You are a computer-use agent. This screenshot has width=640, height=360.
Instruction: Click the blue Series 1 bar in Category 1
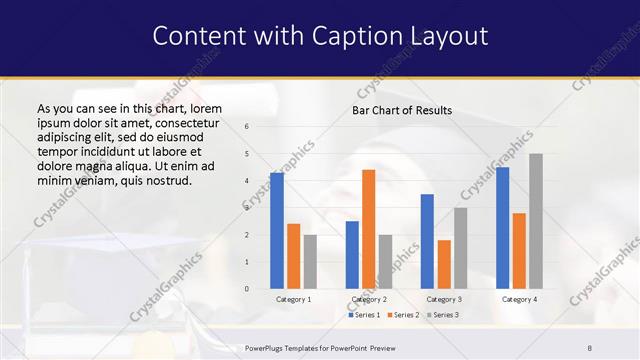pyautogui.click(x=277, y=231)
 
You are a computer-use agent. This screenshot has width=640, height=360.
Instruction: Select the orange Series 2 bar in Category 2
pyautogui.click(x=368, y=229)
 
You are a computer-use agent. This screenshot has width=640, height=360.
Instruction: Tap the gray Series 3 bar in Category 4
pyautogui.click(x=536, y=221)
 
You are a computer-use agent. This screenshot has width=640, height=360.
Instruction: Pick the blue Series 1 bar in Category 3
pyautogui.click(x=427, y=241)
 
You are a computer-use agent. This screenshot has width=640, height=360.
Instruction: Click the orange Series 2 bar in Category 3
pyautogui.click(x=444, y=264)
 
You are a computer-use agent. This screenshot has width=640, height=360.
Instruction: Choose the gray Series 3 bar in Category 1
pyautogui.click(x=310, y=262)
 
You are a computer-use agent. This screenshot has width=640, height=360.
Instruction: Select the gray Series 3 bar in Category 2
pyautogui.click(x=385, y=262)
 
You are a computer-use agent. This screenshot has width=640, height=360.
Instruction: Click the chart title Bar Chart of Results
pyautogui.click(x=401, y=110)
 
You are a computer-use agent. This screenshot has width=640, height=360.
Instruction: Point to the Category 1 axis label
pyautogui.click(x=293, y=299)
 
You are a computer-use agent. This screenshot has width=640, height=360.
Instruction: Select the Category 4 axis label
pyautogui.click(x=518, y=299)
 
